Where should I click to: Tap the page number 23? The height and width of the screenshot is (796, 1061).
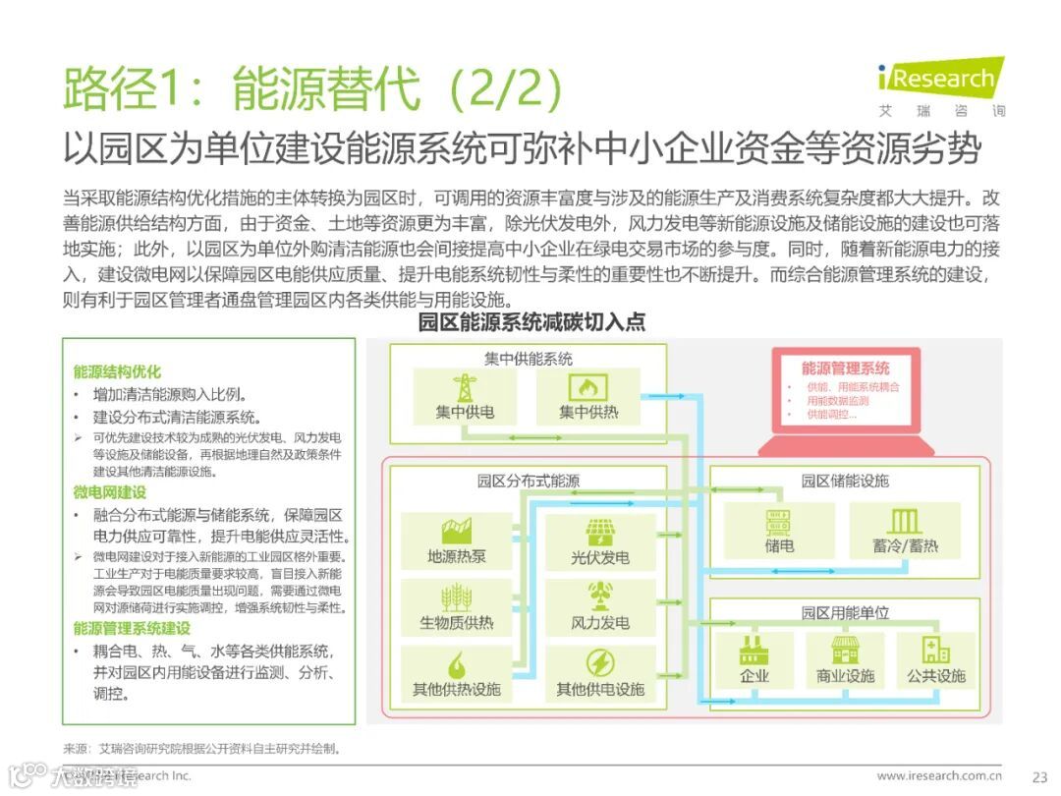coord(1040,775)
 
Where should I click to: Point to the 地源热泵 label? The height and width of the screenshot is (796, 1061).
coord(456,556)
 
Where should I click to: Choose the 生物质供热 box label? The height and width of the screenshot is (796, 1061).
coord(456,622)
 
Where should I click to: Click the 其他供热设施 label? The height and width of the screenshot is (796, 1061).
coord(456,689)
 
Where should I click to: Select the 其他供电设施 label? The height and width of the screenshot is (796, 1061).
coord(599,689)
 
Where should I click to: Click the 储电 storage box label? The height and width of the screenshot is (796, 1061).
coord(779,544)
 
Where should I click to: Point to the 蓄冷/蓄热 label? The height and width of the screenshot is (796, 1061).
coord(905,544)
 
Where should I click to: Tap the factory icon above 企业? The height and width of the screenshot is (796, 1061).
coord(754,649)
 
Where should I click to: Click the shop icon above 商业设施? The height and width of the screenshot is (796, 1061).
coord(845,649)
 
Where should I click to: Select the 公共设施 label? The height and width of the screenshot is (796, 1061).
coord(936,676)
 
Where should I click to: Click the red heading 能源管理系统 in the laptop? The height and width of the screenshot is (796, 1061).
coord(845,369)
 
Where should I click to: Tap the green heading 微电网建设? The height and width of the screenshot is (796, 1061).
coord(109,492)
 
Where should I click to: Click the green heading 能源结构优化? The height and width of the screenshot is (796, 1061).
coord(116,371)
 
